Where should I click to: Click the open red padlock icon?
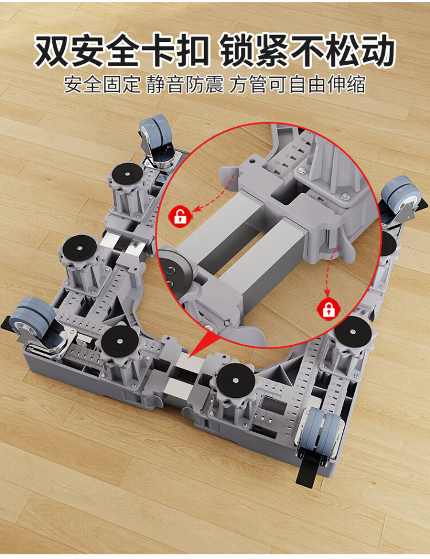tap(181, 216)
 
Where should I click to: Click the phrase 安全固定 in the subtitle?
tap(102, 85)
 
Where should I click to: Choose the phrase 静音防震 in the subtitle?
tap(185, 85)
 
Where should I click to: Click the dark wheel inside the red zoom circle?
tap(174, 272)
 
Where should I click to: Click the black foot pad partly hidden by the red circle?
tap(387, 244)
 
